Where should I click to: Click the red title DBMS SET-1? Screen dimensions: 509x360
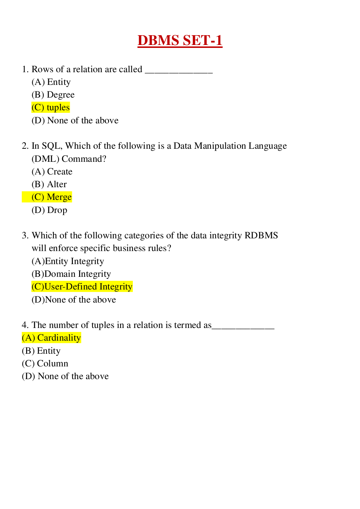coord(180,40)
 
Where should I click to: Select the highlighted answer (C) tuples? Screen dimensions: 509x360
coord(51,107)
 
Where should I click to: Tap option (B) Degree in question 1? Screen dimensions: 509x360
coord(53,95)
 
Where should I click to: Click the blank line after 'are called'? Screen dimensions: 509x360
coord(179,70)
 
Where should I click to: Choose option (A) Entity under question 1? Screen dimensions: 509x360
coord(51,82)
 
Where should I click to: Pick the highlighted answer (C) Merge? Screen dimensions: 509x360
coord(52,197)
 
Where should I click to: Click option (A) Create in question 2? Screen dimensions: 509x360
coord(52,172)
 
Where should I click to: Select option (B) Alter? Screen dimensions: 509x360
coord(49,184)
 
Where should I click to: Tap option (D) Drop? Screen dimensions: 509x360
coord(49,210)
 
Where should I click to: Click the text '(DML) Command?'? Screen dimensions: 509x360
coord(69,159)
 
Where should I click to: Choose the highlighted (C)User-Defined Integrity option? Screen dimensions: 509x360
coord(82,287)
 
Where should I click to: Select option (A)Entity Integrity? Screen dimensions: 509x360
coord(68,261)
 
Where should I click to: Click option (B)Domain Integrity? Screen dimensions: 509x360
coord(71,274)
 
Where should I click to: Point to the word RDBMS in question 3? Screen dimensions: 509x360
coord(261,235)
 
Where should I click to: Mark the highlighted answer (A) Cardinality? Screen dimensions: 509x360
coord(51,338)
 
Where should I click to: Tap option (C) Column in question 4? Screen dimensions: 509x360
coord(45,364)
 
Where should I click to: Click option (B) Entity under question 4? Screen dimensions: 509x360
coord(41,351)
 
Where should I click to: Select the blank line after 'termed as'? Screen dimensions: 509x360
coord(243,326)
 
